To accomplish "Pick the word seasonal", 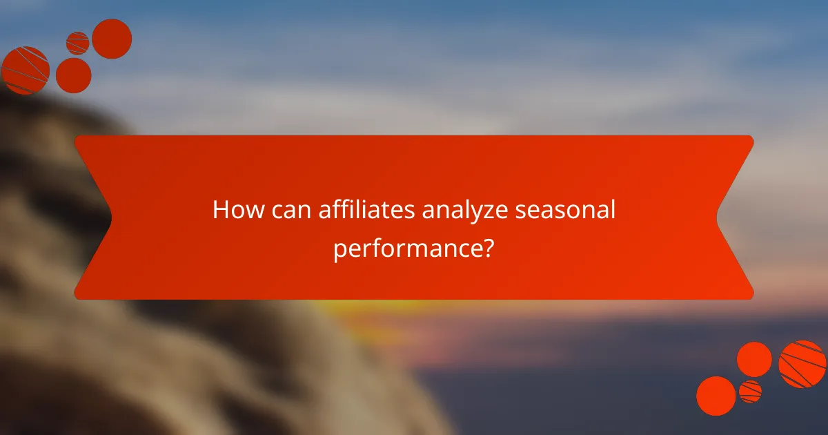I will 565,210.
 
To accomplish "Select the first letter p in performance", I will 339,251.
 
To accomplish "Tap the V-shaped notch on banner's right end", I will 719,217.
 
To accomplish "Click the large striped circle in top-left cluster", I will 26,70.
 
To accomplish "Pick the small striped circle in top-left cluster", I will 77,43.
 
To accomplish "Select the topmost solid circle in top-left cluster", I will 112,39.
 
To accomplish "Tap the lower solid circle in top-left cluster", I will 73,75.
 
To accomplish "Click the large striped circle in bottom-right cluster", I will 802,364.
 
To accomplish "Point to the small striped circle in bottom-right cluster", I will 750,391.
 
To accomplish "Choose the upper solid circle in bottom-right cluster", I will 754,359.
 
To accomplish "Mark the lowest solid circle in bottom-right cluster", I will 716,396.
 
